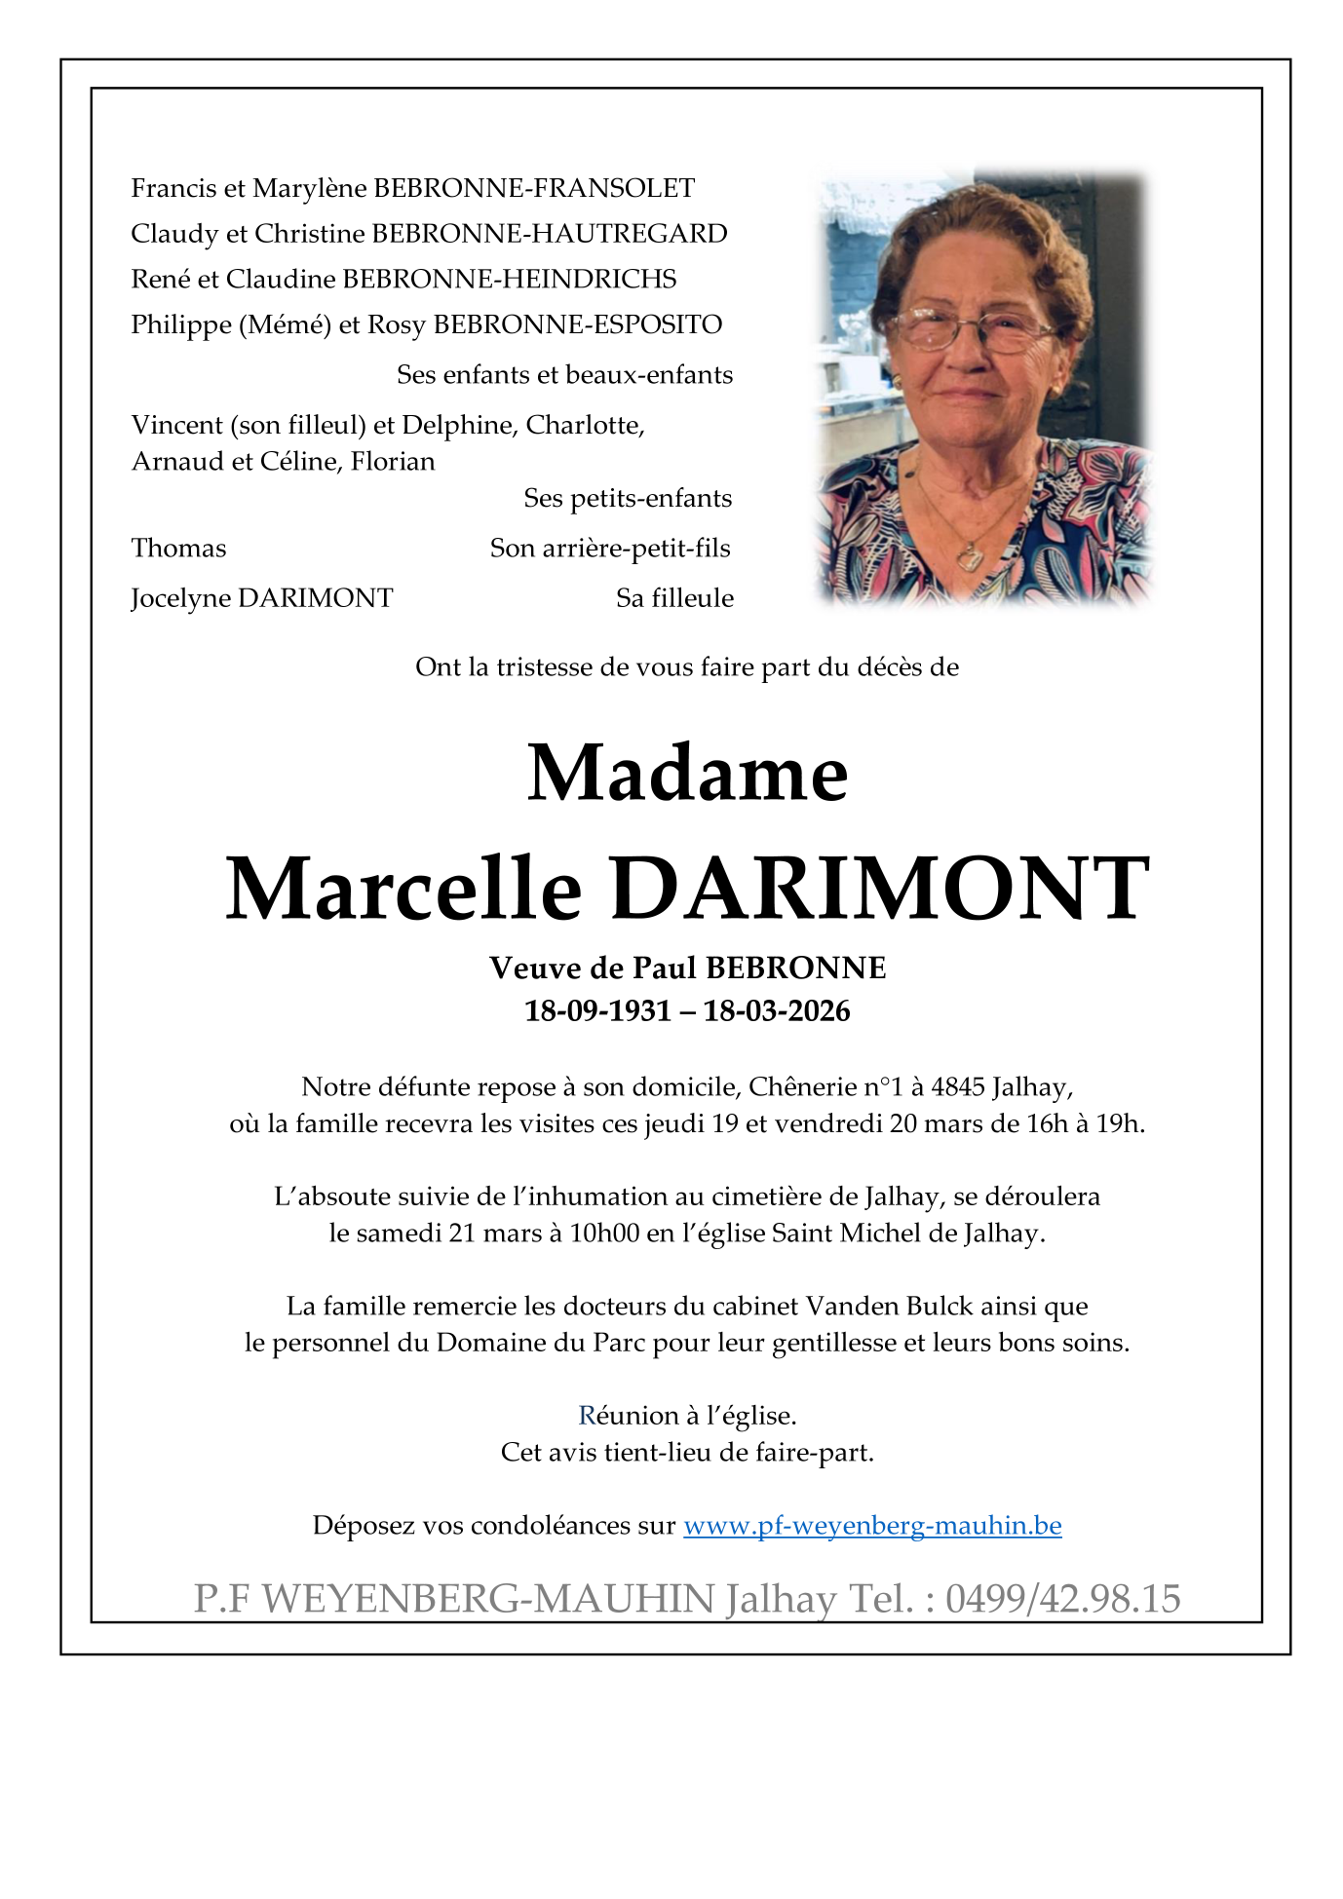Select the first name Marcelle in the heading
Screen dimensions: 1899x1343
click(403, 889)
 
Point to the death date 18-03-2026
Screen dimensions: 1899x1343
click(777, 1011)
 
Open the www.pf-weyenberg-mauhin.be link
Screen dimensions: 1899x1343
click(872, 1525)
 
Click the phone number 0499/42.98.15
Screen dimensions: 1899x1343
click(1062, 1600)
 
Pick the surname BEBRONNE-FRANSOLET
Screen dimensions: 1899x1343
click(534, 188)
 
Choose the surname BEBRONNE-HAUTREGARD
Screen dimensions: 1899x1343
click(550, 234)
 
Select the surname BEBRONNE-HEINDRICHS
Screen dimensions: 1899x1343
click(509, 280)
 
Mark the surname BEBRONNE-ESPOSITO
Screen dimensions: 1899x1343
click(578, 324)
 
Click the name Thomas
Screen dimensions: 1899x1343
click(178, 549)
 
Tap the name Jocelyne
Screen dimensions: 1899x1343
click(181, 598)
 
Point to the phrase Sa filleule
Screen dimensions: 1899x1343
click(674, 598)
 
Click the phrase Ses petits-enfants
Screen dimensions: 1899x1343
click(628, 499)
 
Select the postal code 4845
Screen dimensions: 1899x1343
click(958, 1086)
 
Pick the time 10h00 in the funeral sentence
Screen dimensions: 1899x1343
click(604, 1234)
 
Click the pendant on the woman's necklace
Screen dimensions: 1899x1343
click(970, 557)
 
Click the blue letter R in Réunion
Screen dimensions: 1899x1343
click(587, 1416)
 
